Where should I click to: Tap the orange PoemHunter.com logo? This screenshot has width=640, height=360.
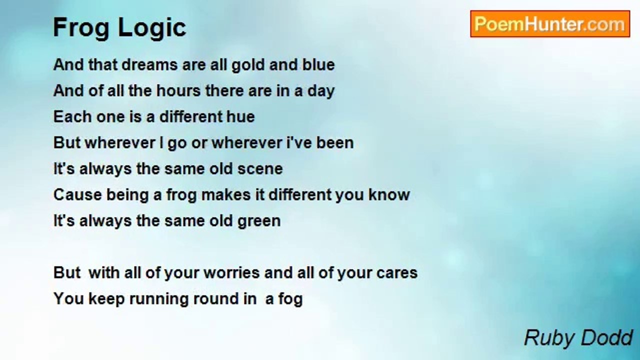[x=550, y=24]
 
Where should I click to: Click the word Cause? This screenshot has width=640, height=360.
[x=77, y=195]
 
